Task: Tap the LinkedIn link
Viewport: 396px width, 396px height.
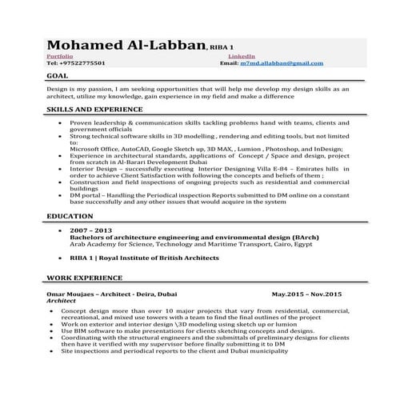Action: (x=242, y=56)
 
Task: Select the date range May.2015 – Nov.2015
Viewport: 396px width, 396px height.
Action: (x=306, y=294)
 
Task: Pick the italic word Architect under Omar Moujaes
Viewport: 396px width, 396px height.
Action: (x=64, y=300)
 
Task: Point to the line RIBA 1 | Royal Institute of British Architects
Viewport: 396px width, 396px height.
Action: (x=144, y=258)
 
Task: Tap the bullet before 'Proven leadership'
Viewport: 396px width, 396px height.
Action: (x=62, y=123)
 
